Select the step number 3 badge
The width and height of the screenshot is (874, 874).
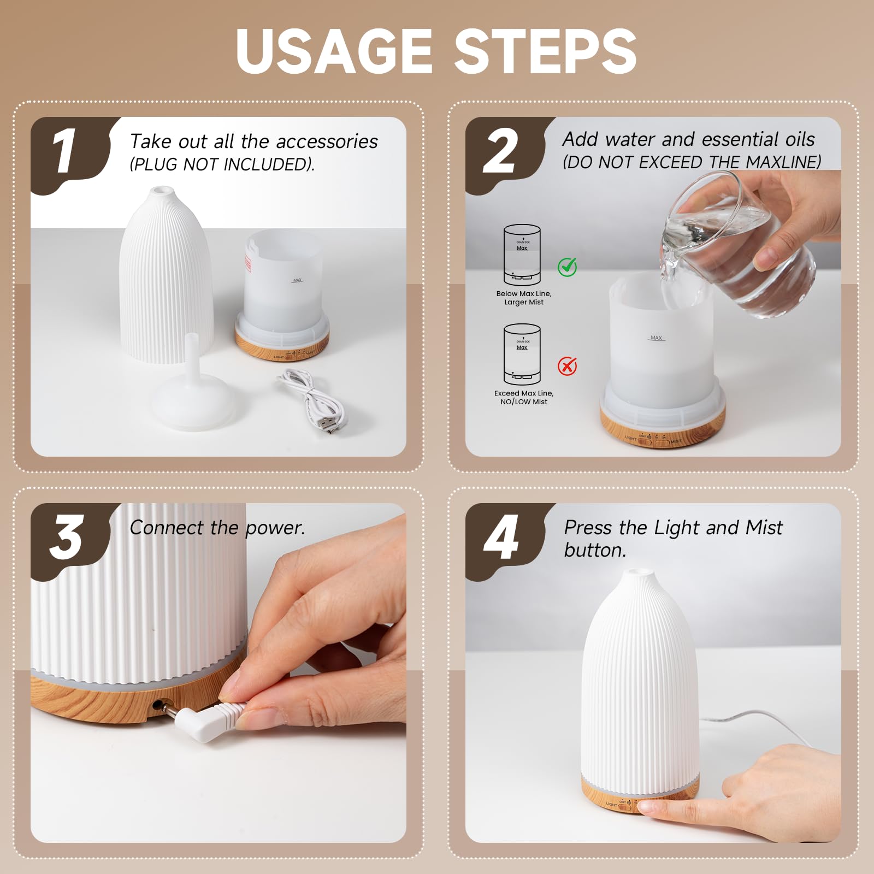[66, 538]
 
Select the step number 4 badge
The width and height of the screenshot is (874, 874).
[500, 538]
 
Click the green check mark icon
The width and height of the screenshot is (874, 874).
[567, 267]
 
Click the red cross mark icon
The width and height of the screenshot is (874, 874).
[567, 365]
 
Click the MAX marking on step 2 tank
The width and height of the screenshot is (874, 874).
[656, 338]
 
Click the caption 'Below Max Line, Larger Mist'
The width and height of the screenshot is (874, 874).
[523, 298]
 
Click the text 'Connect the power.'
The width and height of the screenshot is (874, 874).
[217, 528]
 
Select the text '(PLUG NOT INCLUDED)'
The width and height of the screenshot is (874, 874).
[222, 164]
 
